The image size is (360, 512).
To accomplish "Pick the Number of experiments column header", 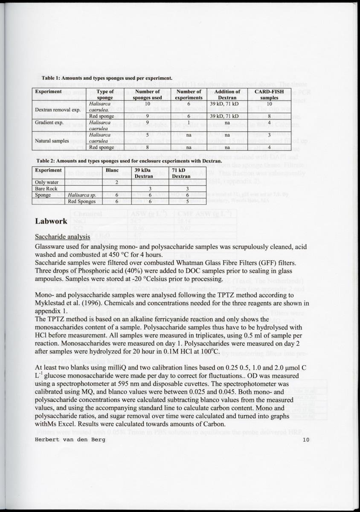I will click(x=189, y=94).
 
